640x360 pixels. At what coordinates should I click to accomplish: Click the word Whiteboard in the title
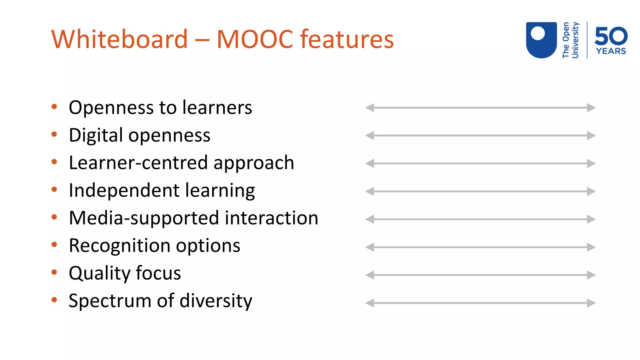[x=119, y=39]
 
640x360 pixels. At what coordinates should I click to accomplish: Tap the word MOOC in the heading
[x=255, y=39]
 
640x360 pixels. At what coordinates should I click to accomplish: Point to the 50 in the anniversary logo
[x=611, y=36]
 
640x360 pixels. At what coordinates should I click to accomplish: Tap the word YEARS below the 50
[x=611, y=51]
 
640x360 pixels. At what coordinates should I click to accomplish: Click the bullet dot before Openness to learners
[x=54, y=107]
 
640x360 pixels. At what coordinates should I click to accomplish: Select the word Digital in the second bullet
[x=96, y=135]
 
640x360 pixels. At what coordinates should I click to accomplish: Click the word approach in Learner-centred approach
[x=253, y=163]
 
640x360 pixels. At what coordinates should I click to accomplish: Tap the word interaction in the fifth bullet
[x=271, y=218]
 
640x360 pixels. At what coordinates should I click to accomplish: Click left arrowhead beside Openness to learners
[x=370, y=108]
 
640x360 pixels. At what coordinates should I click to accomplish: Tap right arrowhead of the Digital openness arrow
[x=591, y=136]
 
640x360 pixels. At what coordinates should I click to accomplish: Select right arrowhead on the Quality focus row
[x=591, y=275]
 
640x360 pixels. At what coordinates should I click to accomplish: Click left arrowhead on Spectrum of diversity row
[x=370, y=303]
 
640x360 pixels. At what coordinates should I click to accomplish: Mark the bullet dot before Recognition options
[x=54, y=245]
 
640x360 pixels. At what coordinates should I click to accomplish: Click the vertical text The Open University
[x=570, y=40]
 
